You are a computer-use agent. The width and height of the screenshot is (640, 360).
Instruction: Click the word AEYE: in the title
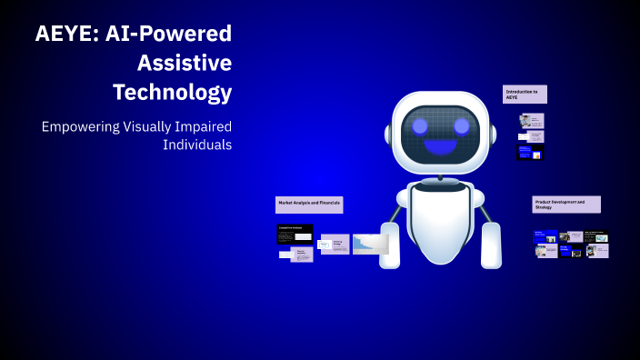[x=66, y=35]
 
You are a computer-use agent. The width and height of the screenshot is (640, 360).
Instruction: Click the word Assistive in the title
[x=185, y=63]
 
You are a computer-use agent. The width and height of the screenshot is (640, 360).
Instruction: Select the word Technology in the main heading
[x=172, y=92]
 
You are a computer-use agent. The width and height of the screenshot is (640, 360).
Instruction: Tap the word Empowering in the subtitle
[x=80, y=126]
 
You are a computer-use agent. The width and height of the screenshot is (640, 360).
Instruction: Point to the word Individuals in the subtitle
[x=196, y=145]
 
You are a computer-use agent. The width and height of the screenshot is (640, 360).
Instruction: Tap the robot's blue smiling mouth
[x=442, y=146]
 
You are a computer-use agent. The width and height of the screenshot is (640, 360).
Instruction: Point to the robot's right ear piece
[x=494, y=135]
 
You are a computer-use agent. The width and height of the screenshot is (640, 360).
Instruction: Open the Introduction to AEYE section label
[x=525, y=95]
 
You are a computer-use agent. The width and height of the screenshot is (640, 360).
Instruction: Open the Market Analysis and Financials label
[x=309, y=205]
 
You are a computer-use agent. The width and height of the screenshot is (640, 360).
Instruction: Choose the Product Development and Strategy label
[x=565, y=204]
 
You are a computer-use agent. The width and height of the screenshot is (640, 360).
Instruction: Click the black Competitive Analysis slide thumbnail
[x=295, y=235]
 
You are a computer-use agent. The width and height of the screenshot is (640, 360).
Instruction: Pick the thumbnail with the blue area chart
[x=371, y=244]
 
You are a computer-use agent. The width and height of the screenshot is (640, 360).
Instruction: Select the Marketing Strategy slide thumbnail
[x=335, y=244]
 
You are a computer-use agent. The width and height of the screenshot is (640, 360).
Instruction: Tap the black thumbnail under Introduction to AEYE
[x=530, y=153]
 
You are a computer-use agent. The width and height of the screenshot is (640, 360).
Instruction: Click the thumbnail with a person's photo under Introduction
[x=525, y=120]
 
